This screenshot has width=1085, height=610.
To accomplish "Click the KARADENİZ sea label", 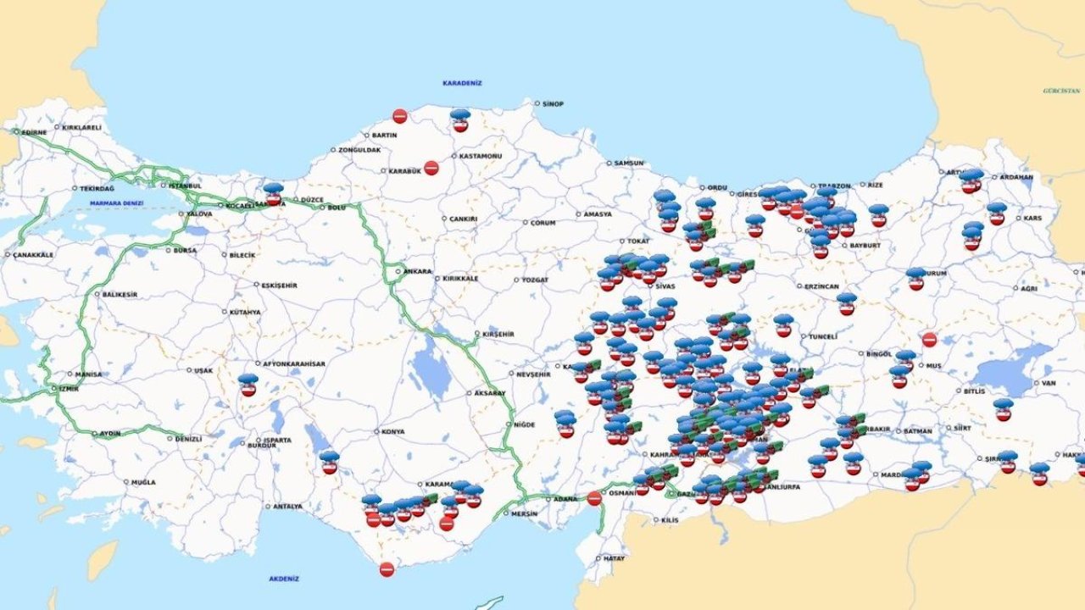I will (462, 83).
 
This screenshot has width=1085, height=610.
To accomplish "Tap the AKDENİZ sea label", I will (284, 579).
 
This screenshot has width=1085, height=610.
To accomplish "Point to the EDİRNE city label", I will (34, 132).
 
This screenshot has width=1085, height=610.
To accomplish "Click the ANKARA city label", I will (417, 272).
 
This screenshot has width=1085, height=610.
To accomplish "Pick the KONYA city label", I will (392, 431).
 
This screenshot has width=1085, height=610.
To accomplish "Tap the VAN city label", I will (1049, 383).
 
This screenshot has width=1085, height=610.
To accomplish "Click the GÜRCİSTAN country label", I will (1061, 90).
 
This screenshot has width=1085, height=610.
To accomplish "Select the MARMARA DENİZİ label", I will (116, 203).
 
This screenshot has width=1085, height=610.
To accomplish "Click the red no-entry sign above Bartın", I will (399, 116).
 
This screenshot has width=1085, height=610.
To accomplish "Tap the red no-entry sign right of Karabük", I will (431, 168).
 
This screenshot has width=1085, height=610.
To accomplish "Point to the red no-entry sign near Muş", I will (929, 340).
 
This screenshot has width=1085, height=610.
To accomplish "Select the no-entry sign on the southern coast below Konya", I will (387, 569).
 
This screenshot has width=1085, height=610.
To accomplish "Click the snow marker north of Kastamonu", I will (460, 120).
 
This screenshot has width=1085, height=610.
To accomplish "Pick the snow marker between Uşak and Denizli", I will (248, 385).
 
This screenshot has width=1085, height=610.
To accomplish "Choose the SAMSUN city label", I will (629, 163).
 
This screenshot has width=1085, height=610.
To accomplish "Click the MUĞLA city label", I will (143, 482).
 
